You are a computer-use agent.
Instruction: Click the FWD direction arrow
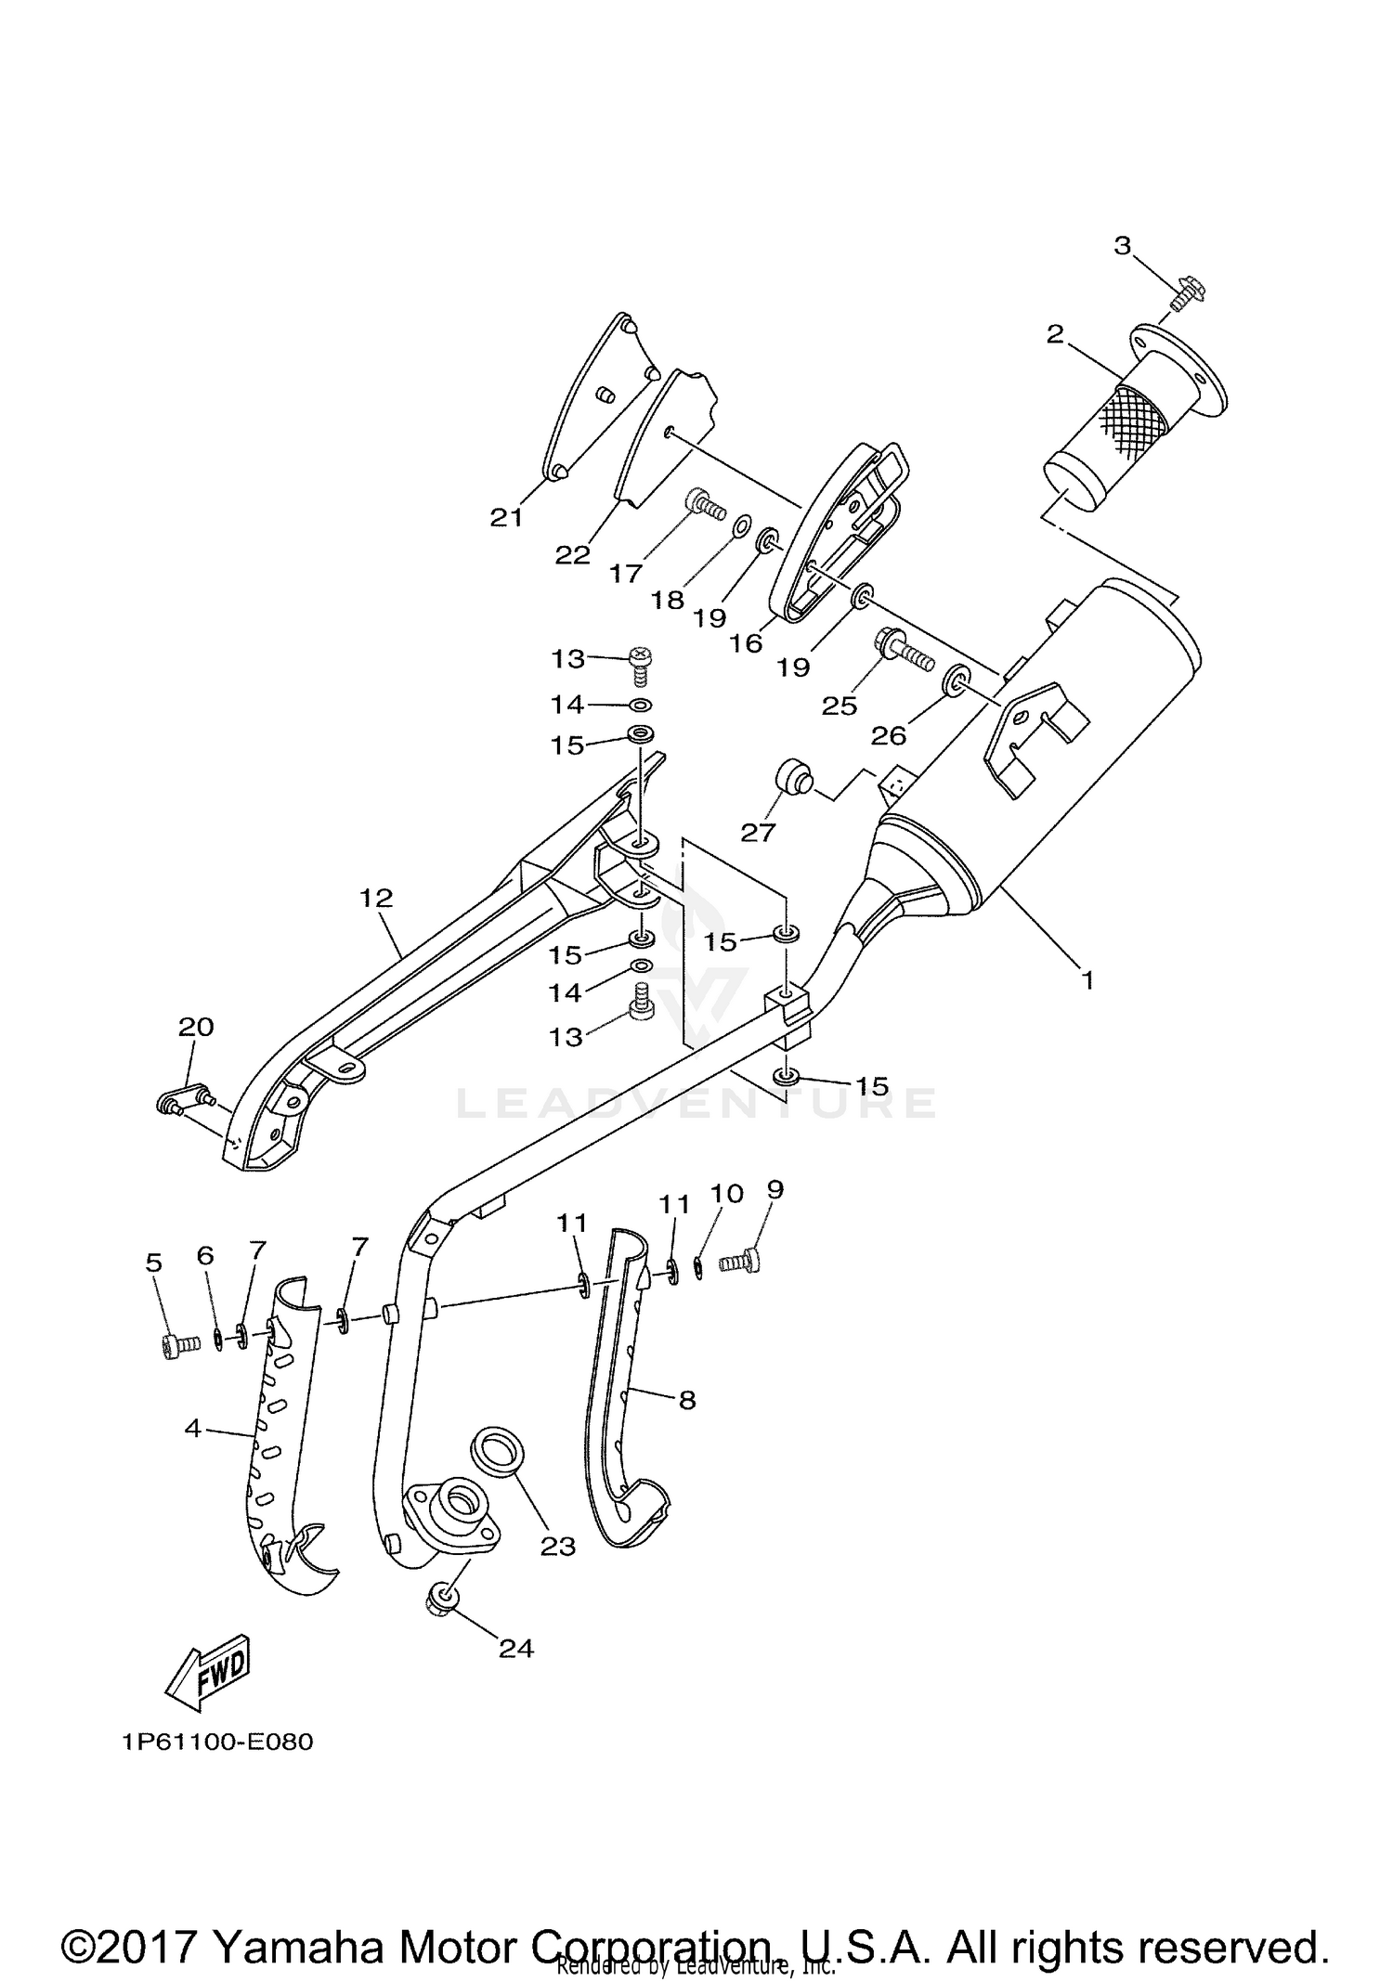click(x=211, y=1674)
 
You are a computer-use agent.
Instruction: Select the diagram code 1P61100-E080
click(x=216, y=1742)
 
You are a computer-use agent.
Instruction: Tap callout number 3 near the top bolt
click(x=1122, y=246)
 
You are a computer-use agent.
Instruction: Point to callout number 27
click(x=758, y=833)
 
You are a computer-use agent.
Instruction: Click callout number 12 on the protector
click(x=377, y=898)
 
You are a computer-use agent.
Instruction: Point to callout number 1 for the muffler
click(x=1087, y=979)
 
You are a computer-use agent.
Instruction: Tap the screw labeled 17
click(x=708, y=504)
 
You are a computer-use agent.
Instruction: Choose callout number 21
click(x=507, y=516)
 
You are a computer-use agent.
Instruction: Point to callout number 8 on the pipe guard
click(x=687, y=1399)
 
